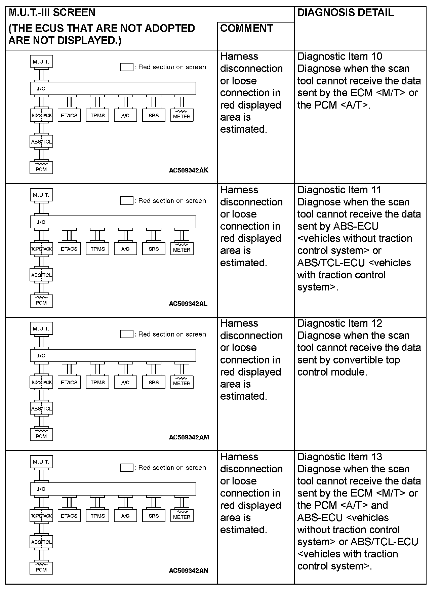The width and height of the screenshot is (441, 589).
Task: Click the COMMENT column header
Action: [x=246, y=28]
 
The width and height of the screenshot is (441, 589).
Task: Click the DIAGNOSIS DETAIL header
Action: [x=345, y=12]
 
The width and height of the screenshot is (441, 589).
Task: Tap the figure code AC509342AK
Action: [x=189, y=170]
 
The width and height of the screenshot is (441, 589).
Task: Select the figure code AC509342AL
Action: [x=188, y=304]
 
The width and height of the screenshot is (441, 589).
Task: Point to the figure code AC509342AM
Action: [x=189, y=437]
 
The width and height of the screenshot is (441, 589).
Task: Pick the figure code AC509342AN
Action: [x=189, y=571]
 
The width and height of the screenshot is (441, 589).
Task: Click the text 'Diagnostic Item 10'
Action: [x=340, y=56]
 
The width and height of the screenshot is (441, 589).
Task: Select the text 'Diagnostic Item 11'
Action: [x=339, y=190]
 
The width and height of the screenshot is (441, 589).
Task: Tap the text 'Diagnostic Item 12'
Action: [x=340, y=323]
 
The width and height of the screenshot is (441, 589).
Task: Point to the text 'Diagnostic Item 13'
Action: [x=340, y=457]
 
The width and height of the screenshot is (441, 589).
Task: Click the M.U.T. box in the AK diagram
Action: [x=41, y=62]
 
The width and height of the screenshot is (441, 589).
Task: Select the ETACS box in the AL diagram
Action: [x=69, y=249]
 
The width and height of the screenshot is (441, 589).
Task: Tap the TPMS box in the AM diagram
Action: [x=97, y=383]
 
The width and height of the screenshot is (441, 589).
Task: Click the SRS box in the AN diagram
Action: [x=154, y=516]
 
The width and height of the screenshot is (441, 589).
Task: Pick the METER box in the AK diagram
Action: [x=182, y=116]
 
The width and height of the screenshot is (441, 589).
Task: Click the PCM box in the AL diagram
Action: [x=41, y=302]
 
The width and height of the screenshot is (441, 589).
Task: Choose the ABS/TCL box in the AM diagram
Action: [x=41, y=409]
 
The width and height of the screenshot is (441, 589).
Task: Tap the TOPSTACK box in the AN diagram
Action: [x=41, y=516]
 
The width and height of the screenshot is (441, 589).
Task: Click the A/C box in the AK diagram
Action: [x=125, y=116]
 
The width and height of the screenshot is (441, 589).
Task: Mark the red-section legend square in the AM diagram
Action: [x=127, y=334]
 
